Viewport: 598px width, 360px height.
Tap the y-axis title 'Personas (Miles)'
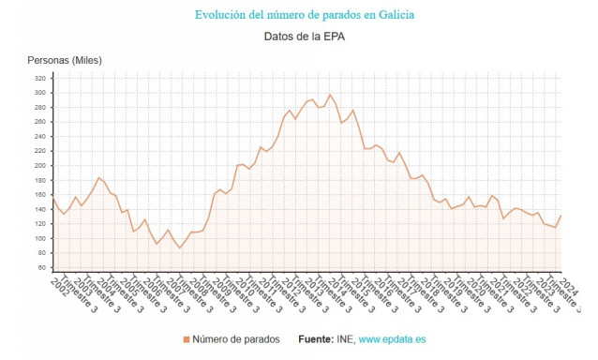pyautogui.click(x=65, y=61)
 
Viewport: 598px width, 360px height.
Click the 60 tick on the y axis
pyautogui.click(x=41, y=267)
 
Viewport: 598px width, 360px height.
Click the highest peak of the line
pyautogui.click(x=329, y=95)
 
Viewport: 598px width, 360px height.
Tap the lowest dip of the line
pyautogui.click(x=180, y=247)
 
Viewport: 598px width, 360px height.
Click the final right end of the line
pyautogui.click(x=561, y=216)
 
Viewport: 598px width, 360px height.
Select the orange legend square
pyautogui.click(x=186, y=338)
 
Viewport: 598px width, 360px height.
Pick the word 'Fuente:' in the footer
pyautogui.click(x=316, y=338)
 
